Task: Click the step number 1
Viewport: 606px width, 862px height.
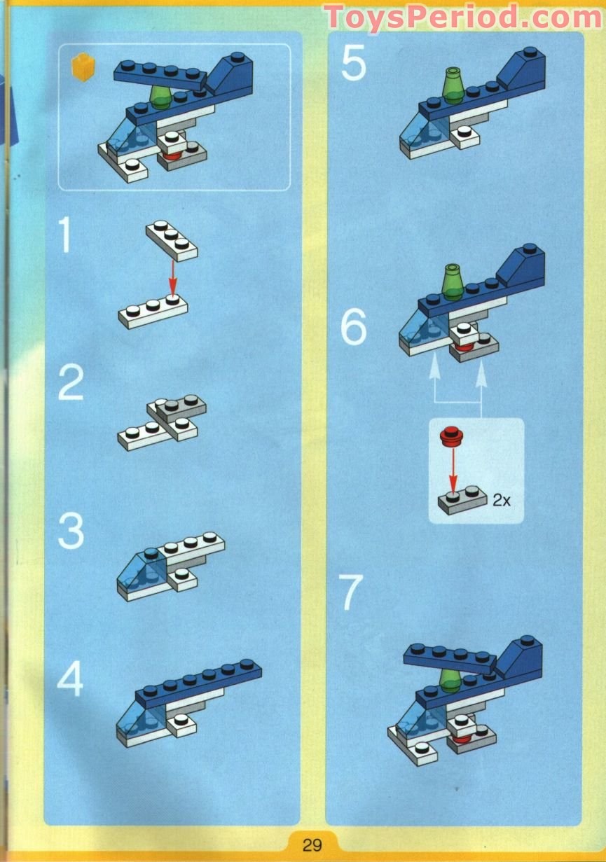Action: [65, 236]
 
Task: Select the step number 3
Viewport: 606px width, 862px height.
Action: [71, 531]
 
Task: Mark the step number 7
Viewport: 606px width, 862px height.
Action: [352, 592]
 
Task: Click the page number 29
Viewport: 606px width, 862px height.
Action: [312, 844]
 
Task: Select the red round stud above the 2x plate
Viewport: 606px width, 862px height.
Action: [449, 437]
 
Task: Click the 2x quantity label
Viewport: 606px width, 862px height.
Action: [502, 500]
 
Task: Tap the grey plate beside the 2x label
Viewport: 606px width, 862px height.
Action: [462, 501]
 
